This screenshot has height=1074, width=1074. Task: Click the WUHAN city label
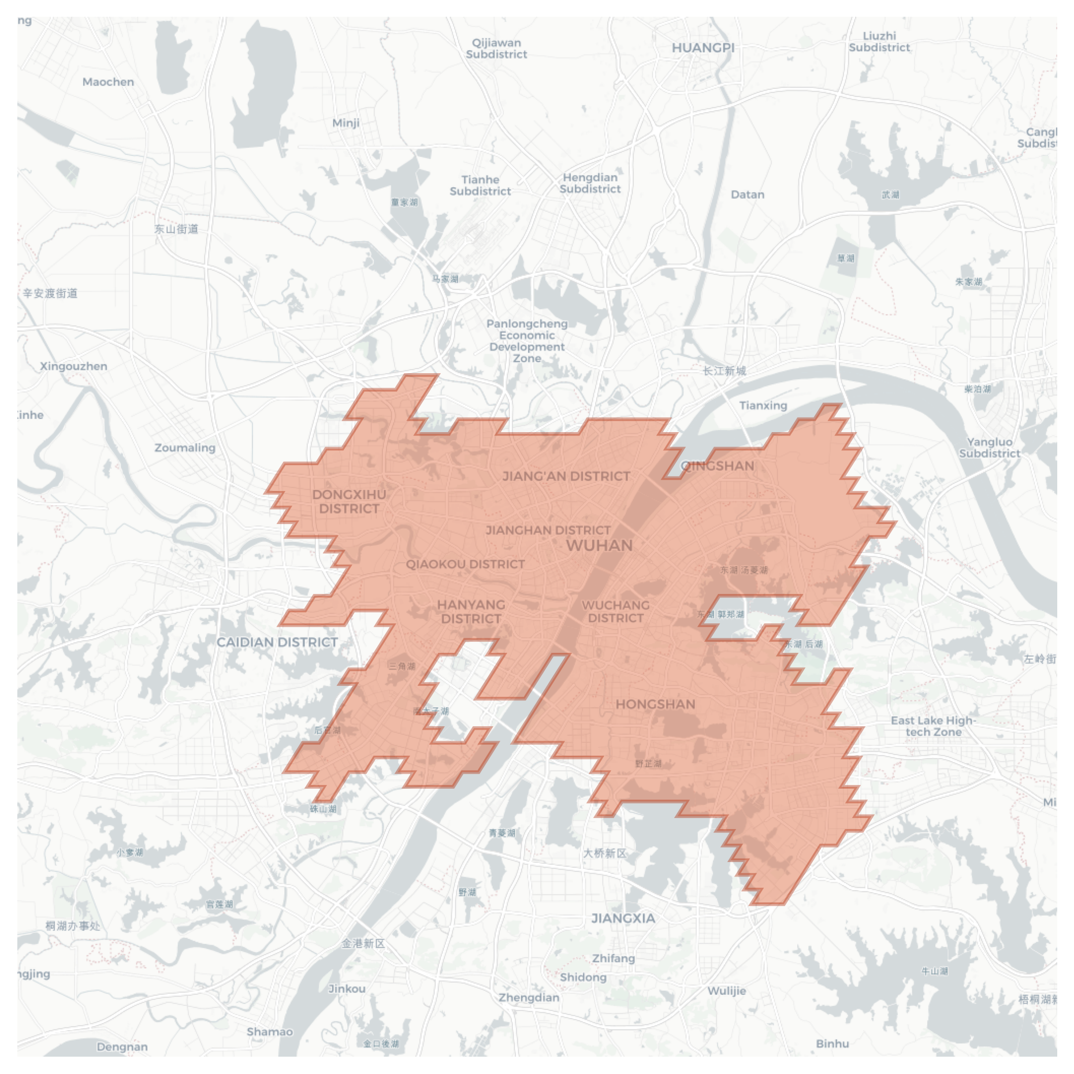coord(599,545)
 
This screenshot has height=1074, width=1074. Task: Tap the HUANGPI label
coord(703,48)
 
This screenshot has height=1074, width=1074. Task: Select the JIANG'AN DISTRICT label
coord(566,476)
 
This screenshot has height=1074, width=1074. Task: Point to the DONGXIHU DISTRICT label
coord(349,501)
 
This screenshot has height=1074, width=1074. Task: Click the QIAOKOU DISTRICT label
coord(465,564)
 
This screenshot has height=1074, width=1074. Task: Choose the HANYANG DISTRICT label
coord(471,611)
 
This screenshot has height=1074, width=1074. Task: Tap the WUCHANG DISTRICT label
coord(615,611)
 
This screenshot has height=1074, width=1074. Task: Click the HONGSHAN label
coord(655,704)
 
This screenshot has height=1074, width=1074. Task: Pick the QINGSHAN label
coord(717,466)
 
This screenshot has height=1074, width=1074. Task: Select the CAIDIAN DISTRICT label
coord(277,642)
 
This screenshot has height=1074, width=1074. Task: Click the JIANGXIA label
coord(623,918)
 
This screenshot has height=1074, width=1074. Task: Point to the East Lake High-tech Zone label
coord(933,726)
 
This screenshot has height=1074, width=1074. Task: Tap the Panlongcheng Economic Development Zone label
coord(527,341)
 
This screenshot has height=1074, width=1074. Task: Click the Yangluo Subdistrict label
coord(990,448)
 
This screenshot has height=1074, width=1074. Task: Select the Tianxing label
coord(763,406)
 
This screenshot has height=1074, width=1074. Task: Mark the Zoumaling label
coord(185,448)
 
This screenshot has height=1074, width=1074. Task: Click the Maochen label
coord(108,82)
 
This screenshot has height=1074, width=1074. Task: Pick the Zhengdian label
coord(529,998)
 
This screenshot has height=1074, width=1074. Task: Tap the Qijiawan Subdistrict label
coord(496,49)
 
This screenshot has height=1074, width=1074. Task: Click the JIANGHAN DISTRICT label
coord(548,530)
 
